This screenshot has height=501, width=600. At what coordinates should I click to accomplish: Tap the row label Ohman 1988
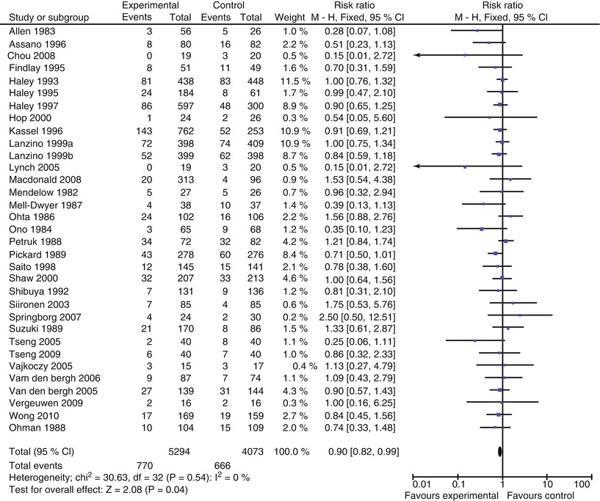[x=34, y=426]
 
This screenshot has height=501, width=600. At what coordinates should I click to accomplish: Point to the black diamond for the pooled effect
[x=501, y=451]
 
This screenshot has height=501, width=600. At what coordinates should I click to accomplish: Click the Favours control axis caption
[x=543, y=495]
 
